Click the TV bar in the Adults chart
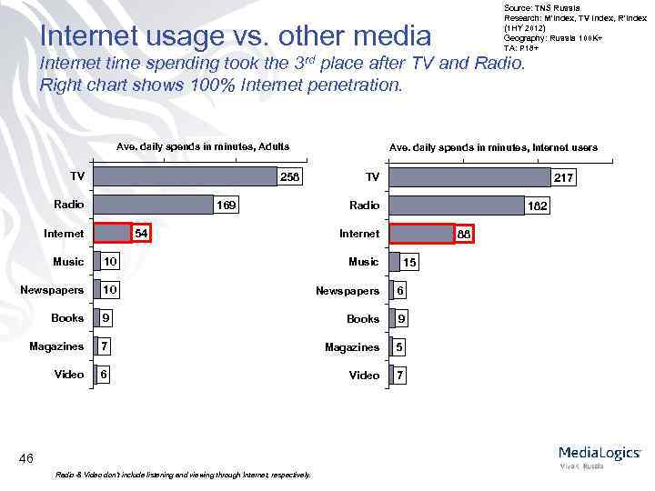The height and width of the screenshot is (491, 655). (x=185, y=176)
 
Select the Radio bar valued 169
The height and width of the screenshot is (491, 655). (x=153, y=205)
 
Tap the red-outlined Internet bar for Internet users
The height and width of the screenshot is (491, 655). (x=421, y=234)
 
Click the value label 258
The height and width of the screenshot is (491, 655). (x=289, y=176)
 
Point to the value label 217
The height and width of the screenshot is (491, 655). (x=563, y=178)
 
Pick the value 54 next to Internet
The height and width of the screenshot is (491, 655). (x=141, y=234)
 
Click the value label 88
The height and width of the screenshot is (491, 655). (x=463, y=235)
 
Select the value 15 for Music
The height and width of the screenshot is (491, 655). (x=410, y=262)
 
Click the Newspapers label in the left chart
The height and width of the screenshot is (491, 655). (x=52, y=290)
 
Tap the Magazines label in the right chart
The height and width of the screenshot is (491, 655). (x=352, y=347)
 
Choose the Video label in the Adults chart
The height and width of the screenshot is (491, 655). (x=69, y=375)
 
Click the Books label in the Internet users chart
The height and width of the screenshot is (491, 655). (x=363, y=319)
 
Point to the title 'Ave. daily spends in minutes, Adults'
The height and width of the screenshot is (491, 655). (x=203, y=146)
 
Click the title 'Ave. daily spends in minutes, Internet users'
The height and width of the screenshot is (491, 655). (x=493, y=147)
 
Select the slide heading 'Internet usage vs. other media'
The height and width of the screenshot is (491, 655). (x=236, y=35)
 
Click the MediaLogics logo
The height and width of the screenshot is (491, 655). (x=599, y=455)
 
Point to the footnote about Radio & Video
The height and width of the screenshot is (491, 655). (x=183, y=475)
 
